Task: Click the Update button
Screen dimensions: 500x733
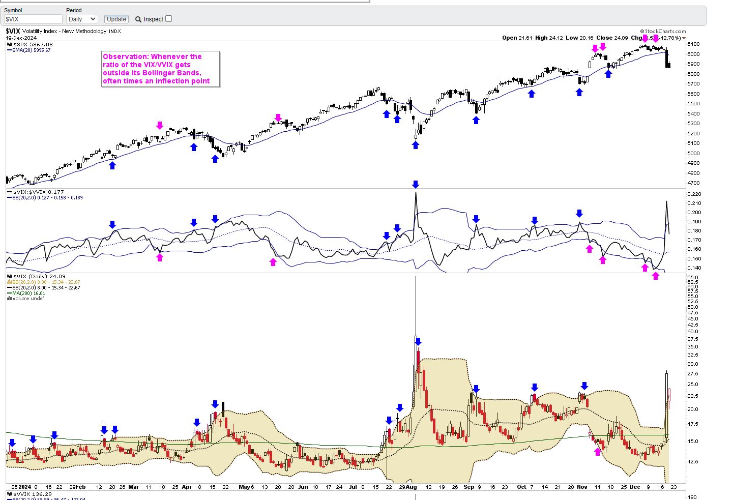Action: pyautogui.click(x=116, y=19)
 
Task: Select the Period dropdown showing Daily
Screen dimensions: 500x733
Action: pyautogui.click(x=81, y=19)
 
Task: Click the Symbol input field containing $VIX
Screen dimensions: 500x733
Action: pyautogui.click(x=33, y=19)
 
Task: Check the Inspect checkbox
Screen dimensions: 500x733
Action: pyautogui.click(x=169, y=19)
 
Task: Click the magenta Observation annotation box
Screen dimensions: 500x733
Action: pyautogui.click(x=161, y=69)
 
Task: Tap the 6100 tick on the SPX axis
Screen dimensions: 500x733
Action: pyautogui.click(x=693, y=44)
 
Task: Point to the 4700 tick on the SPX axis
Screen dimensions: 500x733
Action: pyautogui.click(x=693, y=183)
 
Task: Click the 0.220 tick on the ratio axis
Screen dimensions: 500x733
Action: pyautogui.click(x=694, y=194)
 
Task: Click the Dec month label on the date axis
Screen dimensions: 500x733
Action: pyautogui.click(x=635, y=487)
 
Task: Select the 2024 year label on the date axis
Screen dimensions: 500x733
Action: pyautogui.click(x=25, y=487)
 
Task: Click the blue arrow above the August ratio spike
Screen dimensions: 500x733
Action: pyautogui.click(x=416, y=184)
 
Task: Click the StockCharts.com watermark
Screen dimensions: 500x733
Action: pyautogui.click(x=664, y=32)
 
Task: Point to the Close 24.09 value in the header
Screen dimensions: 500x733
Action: pyautogui.click(x=612, y=38)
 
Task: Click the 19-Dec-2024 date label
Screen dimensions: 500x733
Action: pyautogui.click(x=21, y=38)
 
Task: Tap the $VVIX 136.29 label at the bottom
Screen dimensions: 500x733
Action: pyautogui.click(x=33, y=494)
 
